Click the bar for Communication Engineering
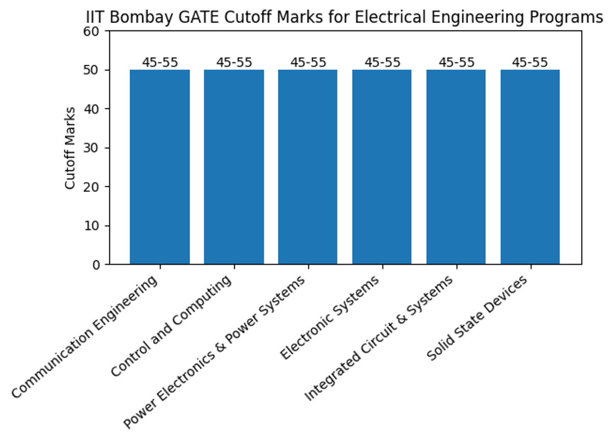[x=160, y=167]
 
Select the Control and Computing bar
[x=234, y=167]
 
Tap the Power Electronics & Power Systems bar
[x=308, y=167]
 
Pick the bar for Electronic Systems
[x=382, y=167]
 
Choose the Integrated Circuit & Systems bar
[x=456, y=167]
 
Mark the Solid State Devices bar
[x=530, y=167]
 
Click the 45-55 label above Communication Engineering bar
[x=160, y=63]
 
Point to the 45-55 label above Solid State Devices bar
[x=530, y=63]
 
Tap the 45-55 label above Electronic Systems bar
[x=382, y=63]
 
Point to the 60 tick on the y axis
[x=96, y=31]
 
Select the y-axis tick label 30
[x=96, y=148]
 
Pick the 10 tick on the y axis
[x=96, y=226]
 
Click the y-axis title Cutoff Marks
[x=70, y=148]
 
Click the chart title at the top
[x=344, y=17]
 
